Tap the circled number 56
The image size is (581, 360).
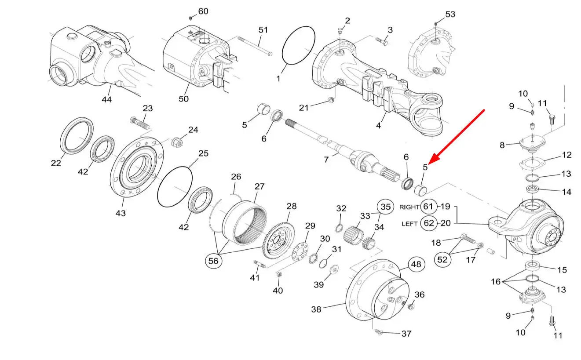tap(213, 261)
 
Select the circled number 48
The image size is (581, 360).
tap(417, 264)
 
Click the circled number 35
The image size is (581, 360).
tap(385, 207)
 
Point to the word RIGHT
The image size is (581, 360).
tap(409, 207)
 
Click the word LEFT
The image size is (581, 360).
tap(410, 224)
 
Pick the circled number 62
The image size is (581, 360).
tap(429, 223)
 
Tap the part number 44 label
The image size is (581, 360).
tap(106, 99)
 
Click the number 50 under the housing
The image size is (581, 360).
tap(184, 99)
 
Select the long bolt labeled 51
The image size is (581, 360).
tap(255, 46)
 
